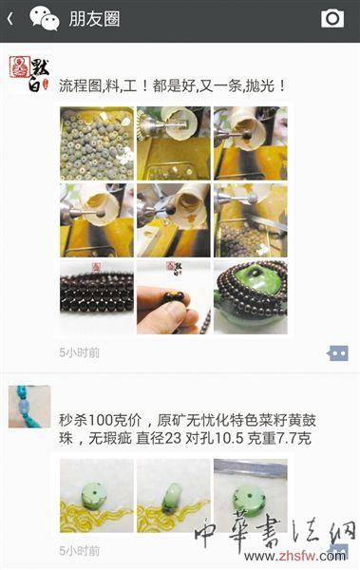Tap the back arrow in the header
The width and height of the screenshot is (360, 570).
[10, 18]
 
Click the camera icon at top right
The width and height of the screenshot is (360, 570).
[332, 18]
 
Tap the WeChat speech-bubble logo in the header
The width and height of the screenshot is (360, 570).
[44, 17]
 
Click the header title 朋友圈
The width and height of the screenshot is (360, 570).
[95, 18]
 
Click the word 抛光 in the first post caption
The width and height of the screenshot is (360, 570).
[257, 85]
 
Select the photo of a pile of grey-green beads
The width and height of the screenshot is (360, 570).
[96, 142]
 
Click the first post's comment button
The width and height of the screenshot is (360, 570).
[337, 353]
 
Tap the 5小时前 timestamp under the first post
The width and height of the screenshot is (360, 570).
[79, 353]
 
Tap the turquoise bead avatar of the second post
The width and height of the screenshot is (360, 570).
[28, 406]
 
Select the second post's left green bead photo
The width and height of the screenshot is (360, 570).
[96, 496]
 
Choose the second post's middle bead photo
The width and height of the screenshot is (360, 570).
[173, 496]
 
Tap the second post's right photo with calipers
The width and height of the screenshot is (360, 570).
[250, 496]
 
